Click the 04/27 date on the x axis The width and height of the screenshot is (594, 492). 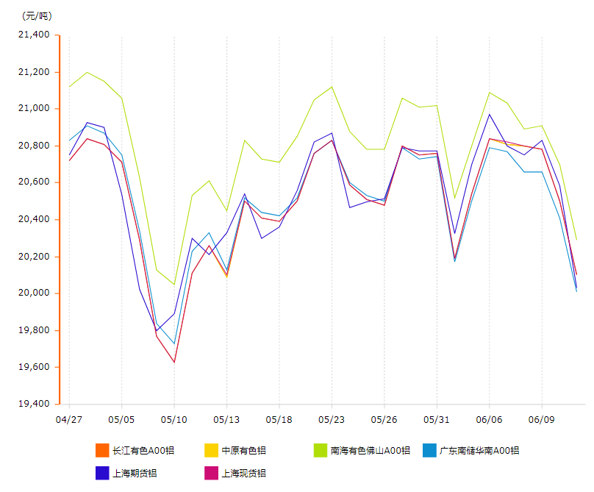(x=69, y=419)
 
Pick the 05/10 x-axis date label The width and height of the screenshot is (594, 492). (x=174, y=419)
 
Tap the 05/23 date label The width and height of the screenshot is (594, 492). (x=332, y=419)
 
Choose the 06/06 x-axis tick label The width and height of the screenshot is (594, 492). (x=490, y=419)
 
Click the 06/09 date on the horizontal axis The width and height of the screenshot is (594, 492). (x=542, y=419)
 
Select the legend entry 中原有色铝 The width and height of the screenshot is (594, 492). (x=243, y=450)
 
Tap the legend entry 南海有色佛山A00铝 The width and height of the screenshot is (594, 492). (x=370, y=450)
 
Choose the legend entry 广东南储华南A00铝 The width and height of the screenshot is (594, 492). (x=479, y=450)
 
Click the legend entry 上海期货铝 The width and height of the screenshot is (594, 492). (x=135, y=473)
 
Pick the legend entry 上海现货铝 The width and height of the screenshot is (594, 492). (x=243, y=473)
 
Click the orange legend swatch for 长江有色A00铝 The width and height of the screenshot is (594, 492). (x=102, y=450)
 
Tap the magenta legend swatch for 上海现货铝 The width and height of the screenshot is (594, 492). (x=211, y=473)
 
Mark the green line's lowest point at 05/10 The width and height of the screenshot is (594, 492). (x=174, y=284)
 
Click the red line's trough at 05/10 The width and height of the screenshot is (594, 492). (x=174, y=362)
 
